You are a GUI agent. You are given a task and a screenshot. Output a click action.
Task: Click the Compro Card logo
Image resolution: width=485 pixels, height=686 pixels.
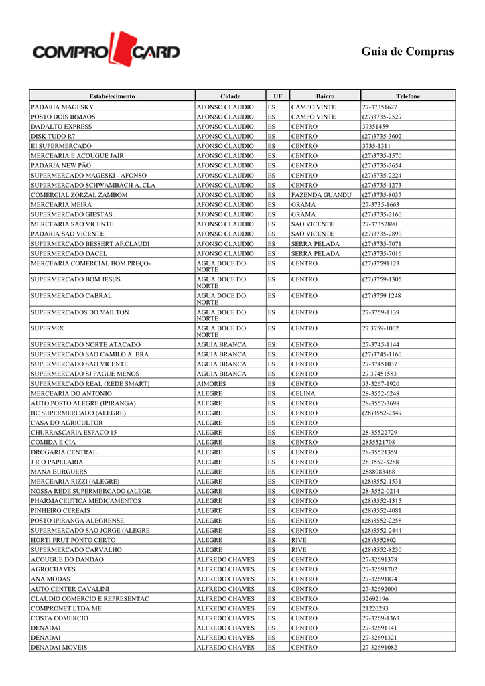[106, 51]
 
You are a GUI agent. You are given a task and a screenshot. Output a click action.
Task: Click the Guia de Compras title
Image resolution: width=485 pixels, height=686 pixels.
[407, 52]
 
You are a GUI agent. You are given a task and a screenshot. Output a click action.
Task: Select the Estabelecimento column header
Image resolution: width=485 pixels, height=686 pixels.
[112, 96]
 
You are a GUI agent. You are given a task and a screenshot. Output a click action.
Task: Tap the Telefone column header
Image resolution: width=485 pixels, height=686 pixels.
[407, 96]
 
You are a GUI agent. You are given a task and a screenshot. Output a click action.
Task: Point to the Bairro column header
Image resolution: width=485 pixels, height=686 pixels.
[325, 96]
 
